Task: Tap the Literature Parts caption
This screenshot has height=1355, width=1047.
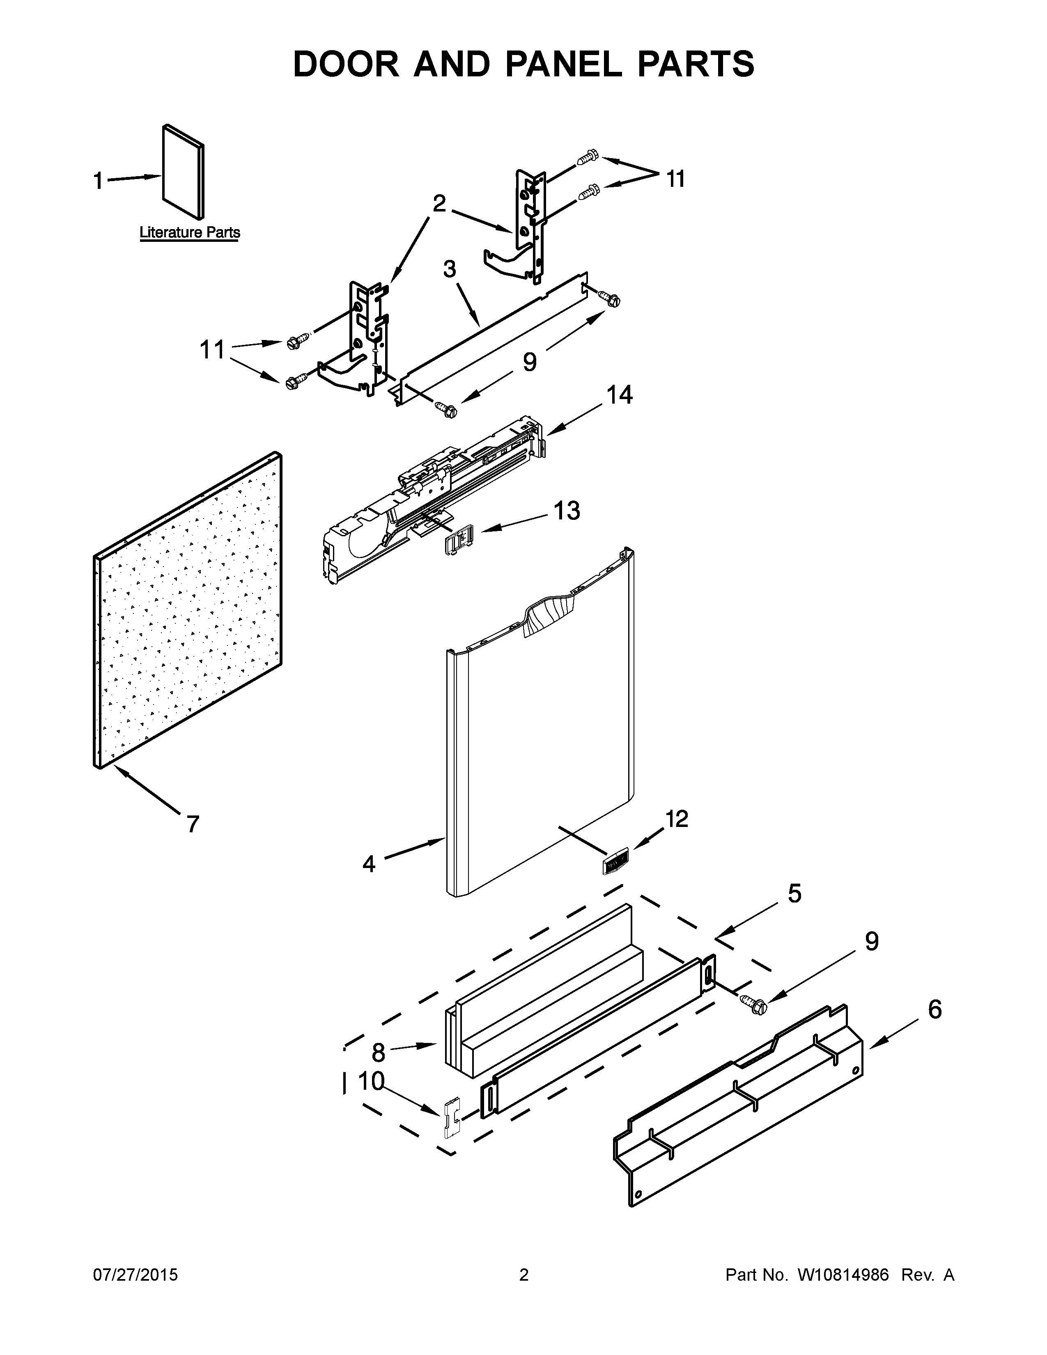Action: (189, 233)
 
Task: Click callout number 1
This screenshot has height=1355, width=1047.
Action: (98, 181)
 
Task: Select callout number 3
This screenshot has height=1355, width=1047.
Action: (449, 269)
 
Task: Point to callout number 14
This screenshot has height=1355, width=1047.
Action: (620, 395)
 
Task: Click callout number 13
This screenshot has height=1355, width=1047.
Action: (566, 511)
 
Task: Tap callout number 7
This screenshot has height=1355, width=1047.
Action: (193, 824)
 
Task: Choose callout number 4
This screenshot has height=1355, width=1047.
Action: (369, 864)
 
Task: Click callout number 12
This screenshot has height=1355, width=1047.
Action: (677, 819)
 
